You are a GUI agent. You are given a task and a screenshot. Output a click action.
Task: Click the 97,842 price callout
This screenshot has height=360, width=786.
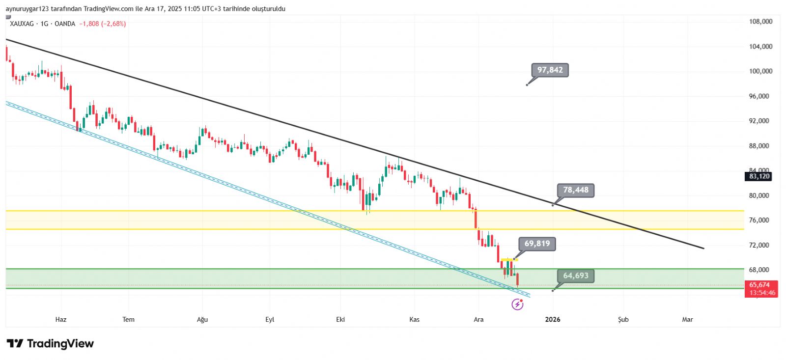tap(550, 70)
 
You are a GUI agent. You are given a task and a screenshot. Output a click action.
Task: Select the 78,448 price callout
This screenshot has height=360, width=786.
tap(575, 190)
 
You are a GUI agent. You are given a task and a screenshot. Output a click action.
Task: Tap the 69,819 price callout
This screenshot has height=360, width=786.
tap(537, 244)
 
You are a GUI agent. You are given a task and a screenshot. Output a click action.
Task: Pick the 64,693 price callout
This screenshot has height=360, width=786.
tap(575, 276)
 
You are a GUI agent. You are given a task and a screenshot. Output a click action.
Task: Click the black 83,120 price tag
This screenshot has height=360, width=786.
tap(759, 176)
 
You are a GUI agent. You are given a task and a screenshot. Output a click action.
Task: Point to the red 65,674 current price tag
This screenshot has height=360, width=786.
tap(760, 285)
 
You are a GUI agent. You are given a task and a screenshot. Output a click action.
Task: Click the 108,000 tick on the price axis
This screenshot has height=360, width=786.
tap(760, 22)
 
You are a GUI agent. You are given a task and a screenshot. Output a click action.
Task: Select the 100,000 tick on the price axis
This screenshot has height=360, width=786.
tap(760, 71)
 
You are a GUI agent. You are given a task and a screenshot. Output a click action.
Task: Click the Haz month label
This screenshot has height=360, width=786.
tap(61, 320)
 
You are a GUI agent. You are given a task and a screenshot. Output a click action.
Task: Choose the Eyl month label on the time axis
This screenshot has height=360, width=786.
tap(270, 320)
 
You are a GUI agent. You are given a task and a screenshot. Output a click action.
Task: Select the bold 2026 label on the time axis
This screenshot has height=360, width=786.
tap(553, 320)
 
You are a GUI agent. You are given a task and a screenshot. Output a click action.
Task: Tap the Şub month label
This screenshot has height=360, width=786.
tap(623, 320)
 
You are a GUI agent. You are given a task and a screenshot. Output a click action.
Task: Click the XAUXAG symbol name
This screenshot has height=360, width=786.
tap(22, 24)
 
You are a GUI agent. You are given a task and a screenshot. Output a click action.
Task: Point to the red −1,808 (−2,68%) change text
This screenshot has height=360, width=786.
tap(103, 24)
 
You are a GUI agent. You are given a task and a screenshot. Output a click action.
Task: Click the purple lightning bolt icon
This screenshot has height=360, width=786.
tap(517, 305)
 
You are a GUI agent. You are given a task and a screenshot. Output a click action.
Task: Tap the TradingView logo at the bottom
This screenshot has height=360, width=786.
tap(50, 344)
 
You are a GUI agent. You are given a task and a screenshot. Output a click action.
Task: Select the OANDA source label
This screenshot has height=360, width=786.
tap(65, 24)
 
